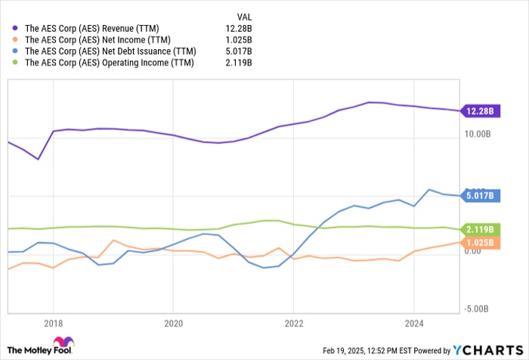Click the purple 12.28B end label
(480, 111)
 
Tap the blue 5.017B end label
(480, 196)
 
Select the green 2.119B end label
(480, 229)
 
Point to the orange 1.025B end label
(480, 243)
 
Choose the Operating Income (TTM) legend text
(109, 62)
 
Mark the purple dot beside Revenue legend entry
(16, 28)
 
